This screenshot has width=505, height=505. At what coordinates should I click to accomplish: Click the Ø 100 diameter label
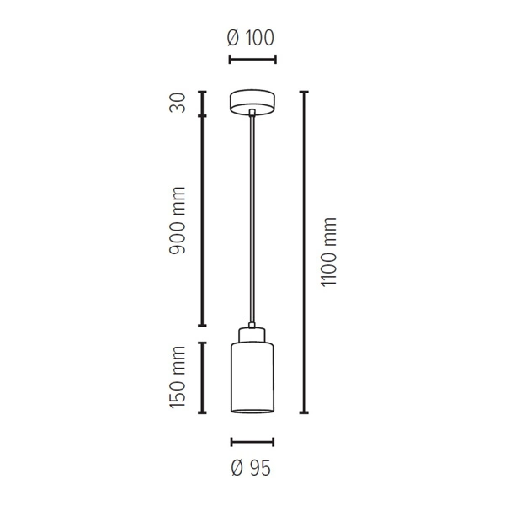252,38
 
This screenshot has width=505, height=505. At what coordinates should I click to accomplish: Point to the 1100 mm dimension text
329,252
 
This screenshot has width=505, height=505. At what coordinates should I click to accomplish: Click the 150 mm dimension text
178,378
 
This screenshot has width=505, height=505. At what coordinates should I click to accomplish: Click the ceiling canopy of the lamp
252,100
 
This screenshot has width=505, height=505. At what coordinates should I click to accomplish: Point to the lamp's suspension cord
252,219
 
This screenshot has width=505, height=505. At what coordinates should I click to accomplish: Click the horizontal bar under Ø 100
252,59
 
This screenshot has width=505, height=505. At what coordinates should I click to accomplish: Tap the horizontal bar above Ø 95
252,441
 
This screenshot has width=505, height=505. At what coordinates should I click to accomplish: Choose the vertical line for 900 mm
202,221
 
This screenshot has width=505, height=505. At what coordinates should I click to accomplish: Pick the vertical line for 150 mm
202,378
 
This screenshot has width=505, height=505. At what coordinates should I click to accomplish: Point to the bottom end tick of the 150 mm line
202,414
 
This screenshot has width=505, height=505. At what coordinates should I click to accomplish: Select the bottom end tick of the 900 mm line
202,326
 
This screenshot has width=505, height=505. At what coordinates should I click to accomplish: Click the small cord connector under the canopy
252,114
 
